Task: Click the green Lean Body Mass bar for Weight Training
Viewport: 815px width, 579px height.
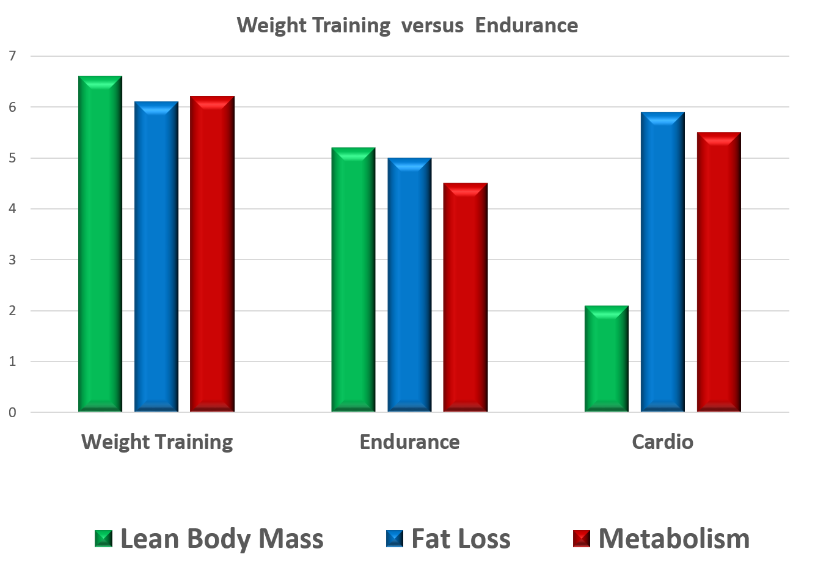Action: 100,244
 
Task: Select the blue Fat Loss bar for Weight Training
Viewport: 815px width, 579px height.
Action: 156,257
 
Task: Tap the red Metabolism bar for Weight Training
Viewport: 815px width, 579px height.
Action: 211,254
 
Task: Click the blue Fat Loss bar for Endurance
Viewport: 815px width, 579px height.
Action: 409,285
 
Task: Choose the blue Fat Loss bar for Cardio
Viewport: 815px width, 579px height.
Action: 662,262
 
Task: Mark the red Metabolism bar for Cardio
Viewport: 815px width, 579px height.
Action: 718,272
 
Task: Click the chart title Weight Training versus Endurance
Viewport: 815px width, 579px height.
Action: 407,26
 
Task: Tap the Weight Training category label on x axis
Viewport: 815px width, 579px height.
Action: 157,442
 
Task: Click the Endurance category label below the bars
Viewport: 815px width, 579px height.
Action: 409,442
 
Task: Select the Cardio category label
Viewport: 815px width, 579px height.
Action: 662,442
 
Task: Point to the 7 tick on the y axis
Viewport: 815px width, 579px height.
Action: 13,56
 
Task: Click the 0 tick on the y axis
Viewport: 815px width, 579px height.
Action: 13,413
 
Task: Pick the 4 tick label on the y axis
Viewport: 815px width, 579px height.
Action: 13,209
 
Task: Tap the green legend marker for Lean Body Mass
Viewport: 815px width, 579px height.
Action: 104,539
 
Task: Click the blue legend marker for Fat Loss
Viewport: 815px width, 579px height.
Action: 395,539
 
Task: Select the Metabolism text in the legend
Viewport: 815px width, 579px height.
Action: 674,539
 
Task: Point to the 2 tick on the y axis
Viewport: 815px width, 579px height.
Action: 13,311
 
